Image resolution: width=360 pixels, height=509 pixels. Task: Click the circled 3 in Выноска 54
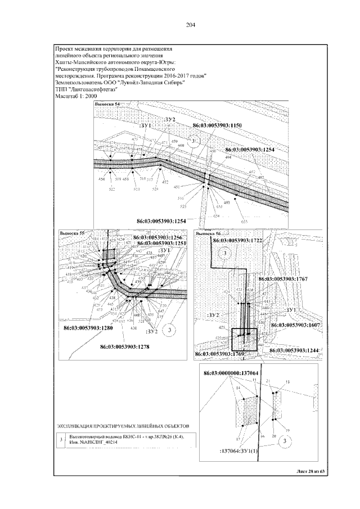(193, 141)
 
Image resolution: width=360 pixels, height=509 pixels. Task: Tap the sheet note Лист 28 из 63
(310, 471)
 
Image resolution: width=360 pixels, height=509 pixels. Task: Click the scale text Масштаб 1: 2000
(76, 96)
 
